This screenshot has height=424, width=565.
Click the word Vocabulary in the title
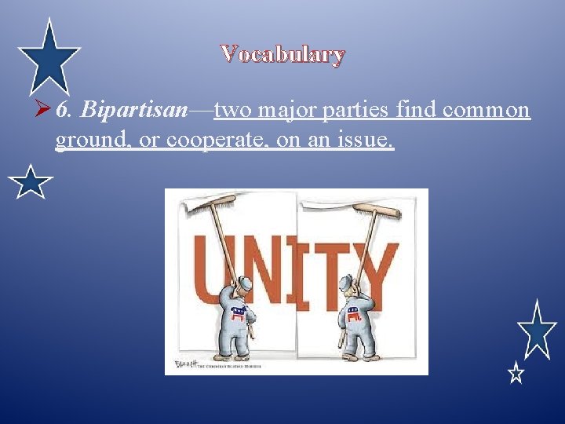coord(282,54)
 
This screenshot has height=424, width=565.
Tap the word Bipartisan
coord(133,110)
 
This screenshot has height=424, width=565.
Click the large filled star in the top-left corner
coord(49,57)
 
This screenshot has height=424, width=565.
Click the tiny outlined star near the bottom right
coord(516,372)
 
